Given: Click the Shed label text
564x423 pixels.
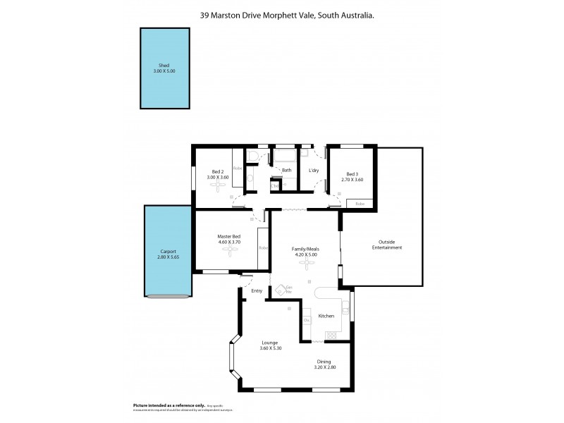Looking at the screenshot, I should click(x=164, y=65).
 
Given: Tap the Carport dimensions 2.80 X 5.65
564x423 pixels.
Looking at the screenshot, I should click(x=168, y=257).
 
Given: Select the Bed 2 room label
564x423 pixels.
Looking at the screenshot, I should click(x=218, y=171).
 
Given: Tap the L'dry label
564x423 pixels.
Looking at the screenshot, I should click(x=314, y=171).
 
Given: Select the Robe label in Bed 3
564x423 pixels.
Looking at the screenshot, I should click(x=360, y=204).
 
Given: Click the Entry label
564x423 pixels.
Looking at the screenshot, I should click(x=257, y=290).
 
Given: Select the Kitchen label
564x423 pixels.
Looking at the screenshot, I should click(x=326, y=316).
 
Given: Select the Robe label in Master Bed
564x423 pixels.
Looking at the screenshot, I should click(x=263, y=248).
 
